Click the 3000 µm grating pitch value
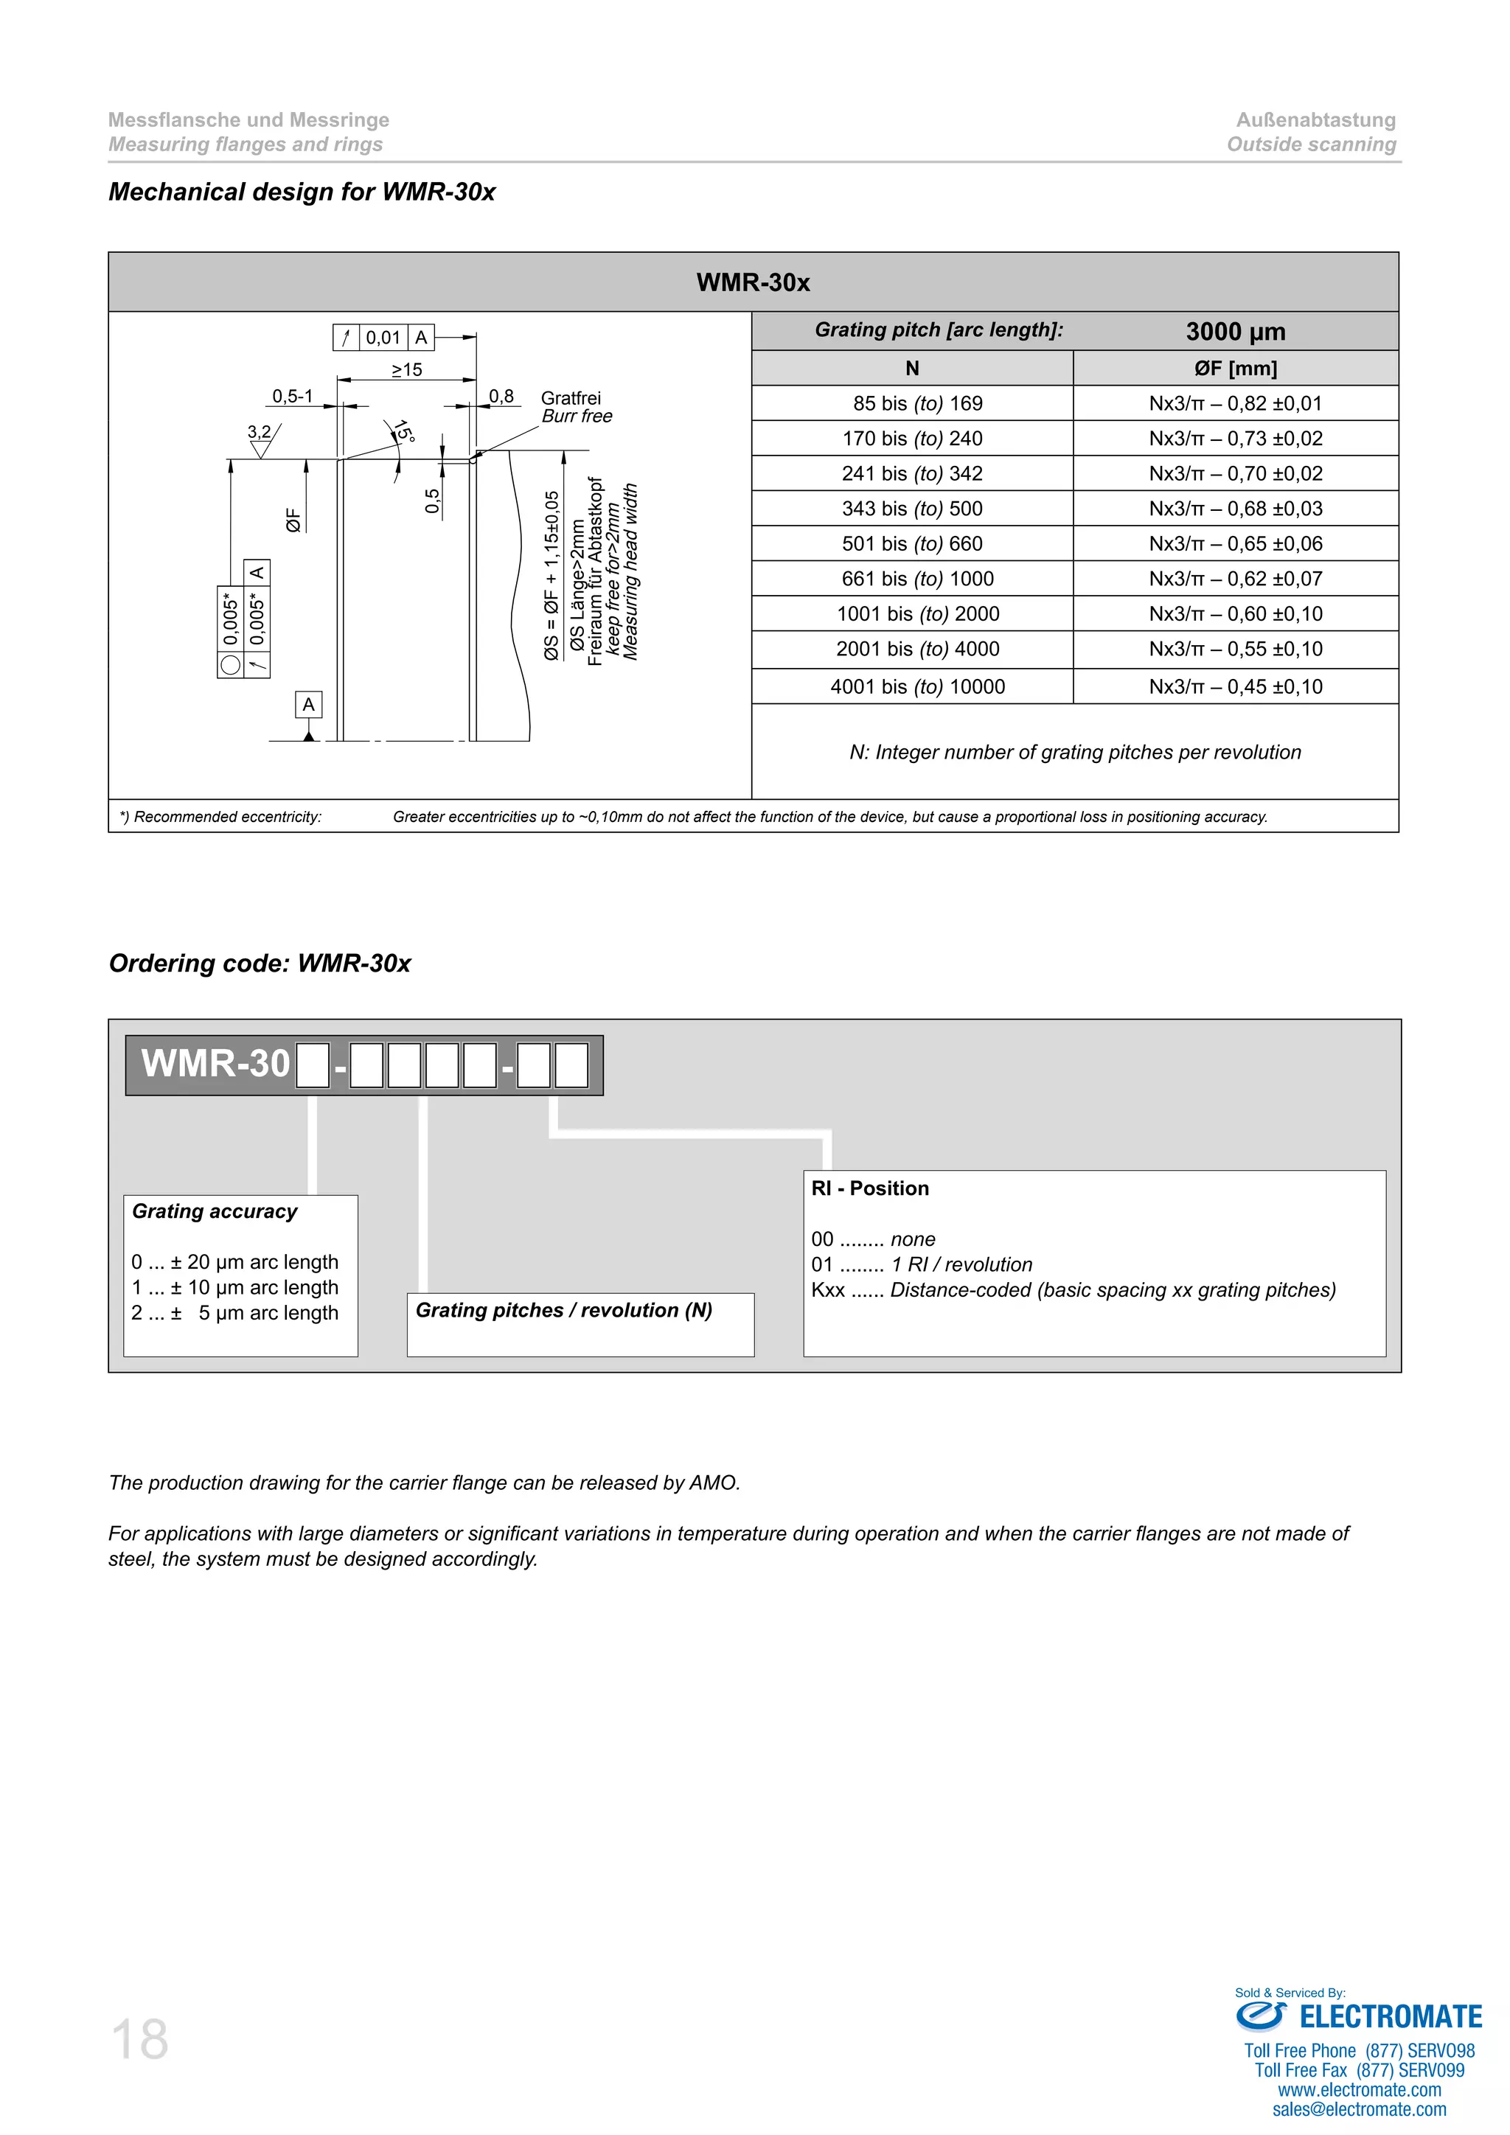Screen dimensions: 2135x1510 tap(1235, 332)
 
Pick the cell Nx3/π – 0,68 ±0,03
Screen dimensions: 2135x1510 tap(1235, 509)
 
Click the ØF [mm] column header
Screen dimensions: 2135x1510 tap(1235, 368)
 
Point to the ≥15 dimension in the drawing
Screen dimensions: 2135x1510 tap(406, 370)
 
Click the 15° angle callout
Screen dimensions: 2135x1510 tap(403, 431)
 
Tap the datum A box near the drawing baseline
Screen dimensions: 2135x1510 tap(309, 705)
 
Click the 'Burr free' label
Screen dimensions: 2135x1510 tap(577, 417)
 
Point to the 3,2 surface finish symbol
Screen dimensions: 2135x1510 tap(260, 433)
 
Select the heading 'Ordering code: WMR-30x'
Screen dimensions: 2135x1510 tap(260, 964)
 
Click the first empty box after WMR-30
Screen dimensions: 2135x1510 tap(313, 1065)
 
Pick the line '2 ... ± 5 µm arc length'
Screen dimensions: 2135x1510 tap(234, 1313)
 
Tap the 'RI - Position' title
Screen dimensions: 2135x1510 tap(869, 1188)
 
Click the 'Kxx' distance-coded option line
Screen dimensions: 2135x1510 tap(1073, 1289)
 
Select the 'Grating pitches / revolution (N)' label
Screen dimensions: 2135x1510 tap(563, 1310)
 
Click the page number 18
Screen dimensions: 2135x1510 tap(139, 2040)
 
